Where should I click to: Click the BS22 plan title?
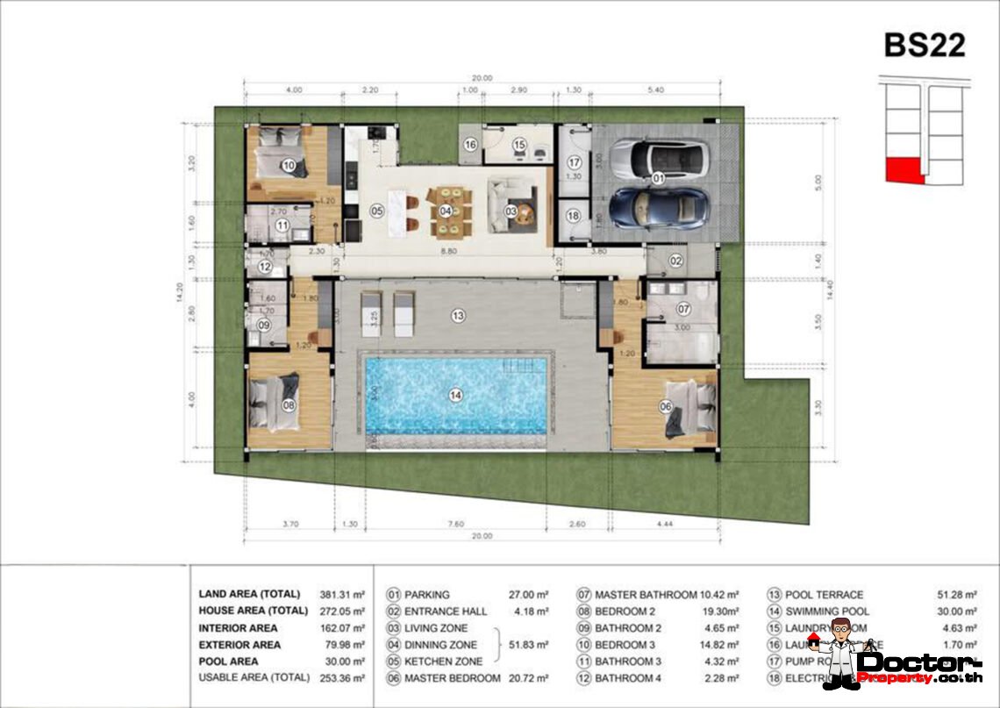(x=924, y=45)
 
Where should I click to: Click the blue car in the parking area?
(x=658, y=207)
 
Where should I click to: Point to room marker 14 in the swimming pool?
(x=455, y=396)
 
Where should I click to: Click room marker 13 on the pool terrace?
(x=458, y=315)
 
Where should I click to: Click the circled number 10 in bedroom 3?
(x=288, y=165)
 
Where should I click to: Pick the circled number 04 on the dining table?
(x=446, y=211)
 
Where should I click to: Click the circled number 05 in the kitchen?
(x=377, y=211)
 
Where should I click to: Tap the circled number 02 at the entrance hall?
(x=677, y=261)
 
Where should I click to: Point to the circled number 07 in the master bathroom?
(x=683, y=309)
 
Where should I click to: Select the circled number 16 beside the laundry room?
(x=470, y=145)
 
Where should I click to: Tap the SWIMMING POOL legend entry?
(x=826, y=611)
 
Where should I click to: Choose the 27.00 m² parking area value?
(x=529, y=594)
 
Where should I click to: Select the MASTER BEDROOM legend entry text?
(x=453, y=678)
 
